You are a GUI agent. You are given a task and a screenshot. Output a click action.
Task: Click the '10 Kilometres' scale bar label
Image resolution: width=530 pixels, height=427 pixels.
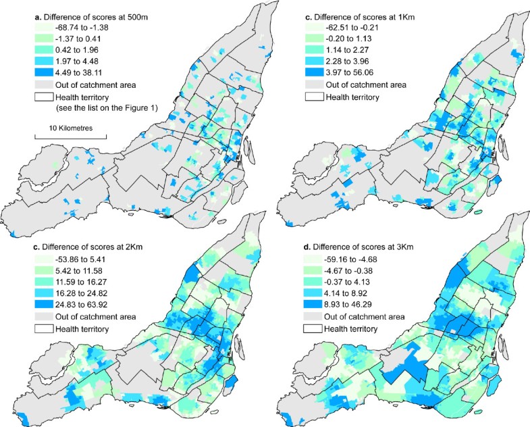70,128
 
